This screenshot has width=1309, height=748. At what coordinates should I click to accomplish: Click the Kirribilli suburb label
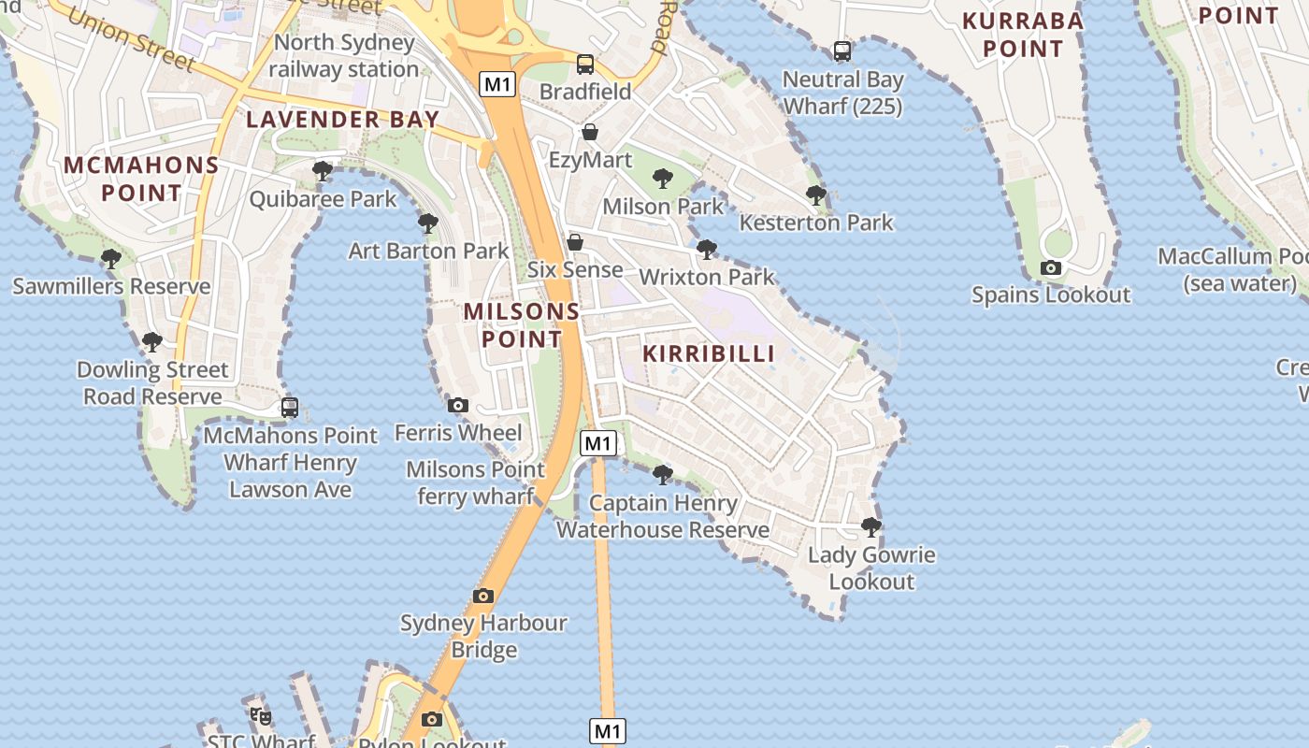(x=710, y=353)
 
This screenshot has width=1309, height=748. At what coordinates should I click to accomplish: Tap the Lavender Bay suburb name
(x=342, y=120)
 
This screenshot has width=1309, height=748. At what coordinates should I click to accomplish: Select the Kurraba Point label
(x=1023, y=35)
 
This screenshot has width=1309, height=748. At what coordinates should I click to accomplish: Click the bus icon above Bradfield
(x=585, y=65)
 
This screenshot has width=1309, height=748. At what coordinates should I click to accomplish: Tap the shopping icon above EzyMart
(x=590, y=133)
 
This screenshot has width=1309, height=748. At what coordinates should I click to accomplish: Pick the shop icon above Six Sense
(x=575, y=243)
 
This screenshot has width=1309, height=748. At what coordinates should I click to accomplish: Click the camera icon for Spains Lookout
(x=1051, y=268)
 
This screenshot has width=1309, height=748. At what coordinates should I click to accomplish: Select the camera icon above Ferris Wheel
(x=458, y=406)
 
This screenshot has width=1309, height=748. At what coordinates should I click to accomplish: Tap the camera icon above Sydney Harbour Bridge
(x=483, y=596)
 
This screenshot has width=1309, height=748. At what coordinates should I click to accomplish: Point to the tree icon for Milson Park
(x=663, y=178)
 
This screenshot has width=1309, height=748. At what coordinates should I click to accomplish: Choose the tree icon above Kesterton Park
(x=816, y=194)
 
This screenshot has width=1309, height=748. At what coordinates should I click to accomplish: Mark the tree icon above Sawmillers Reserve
(x=111, y=258)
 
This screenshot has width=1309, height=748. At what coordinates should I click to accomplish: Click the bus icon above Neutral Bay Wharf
(x=842, y=51)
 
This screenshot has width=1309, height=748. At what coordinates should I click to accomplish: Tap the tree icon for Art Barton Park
(x=428, y=223)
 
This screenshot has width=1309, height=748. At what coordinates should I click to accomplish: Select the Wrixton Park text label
(x=707, y=277)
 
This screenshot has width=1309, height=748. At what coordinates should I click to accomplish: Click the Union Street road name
(x=132, y=40)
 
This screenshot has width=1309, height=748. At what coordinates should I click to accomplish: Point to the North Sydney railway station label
(x=344, y=56)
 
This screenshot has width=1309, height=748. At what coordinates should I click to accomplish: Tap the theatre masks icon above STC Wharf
(x=261, y=717)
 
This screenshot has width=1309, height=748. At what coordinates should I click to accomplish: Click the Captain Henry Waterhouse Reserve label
(x=663, y=516)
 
